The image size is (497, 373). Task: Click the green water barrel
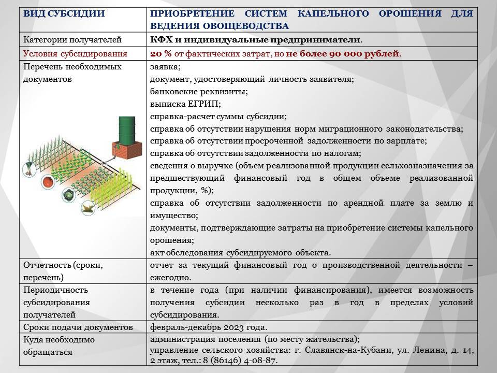click(127, 130)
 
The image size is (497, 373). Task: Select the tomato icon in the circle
click(48, 182)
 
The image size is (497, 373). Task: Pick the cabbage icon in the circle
click(69, 194)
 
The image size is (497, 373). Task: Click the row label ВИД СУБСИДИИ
click(64, 13)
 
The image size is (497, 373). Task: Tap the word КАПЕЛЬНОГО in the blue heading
click(333, 13)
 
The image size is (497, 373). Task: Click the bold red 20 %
click(160, 53)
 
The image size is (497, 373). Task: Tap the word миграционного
click(350, 129)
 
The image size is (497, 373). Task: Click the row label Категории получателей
click(72, 40)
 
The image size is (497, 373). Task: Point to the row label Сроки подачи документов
click(78, 327)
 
